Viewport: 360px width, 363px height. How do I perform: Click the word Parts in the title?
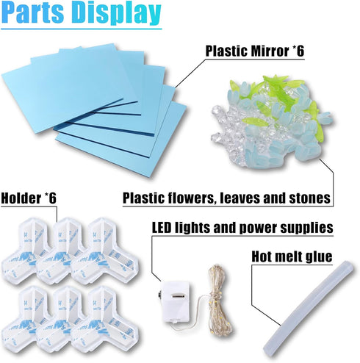click(x=33, y=13)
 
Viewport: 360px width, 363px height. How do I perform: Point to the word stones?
click(x=310, y=198)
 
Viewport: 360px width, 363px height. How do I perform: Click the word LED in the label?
click(x=162, y=228)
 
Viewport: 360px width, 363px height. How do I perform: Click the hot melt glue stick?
click(x=309, y=306)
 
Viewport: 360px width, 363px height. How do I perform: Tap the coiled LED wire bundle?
click(x=218, y=301)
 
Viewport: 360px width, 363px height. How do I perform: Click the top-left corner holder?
click(x=26, y=251)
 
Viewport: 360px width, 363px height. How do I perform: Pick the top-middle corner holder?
click(x=65, y=251)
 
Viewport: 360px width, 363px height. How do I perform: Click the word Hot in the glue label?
click(x=261, y=257)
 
